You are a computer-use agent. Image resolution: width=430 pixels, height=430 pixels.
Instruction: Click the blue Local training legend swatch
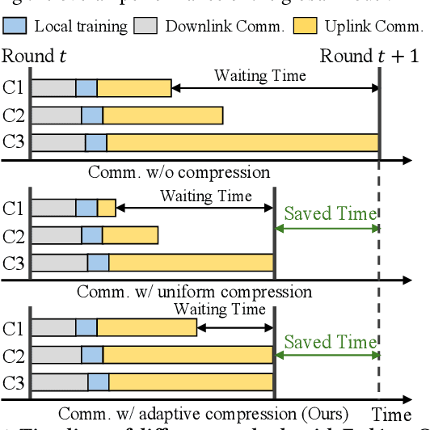(x=16, y=26)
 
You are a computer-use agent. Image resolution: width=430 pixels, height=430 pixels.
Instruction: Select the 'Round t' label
(x=34, y=57)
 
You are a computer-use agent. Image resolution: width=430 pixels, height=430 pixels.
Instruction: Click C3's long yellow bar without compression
(x=242, y=142)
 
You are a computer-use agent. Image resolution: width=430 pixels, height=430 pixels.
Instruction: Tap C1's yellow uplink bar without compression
(x=134, y=87)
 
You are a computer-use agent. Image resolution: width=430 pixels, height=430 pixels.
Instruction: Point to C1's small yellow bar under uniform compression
(x=107, y=209)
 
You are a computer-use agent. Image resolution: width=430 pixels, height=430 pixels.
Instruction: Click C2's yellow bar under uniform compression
(x=129, y=235)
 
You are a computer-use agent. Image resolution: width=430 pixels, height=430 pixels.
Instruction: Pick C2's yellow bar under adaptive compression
(x=188, y=355)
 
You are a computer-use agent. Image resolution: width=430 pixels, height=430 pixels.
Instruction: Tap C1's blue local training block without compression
(x=86, y=87)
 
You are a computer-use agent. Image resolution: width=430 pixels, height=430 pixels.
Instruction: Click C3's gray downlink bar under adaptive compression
(x=59, y=382)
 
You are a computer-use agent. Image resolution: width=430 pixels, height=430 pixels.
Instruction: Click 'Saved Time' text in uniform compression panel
(x=330, y=214)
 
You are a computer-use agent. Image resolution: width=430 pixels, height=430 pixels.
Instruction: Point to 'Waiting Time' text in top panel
(x=259, y=76)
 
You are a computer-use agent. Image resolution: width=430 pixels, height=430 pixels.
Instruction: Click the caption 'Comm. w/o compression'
(x=179, y=171)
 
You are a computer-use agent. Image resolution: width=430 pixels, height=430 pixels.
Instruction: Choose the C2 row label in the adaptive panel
(x=14, y=355)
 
